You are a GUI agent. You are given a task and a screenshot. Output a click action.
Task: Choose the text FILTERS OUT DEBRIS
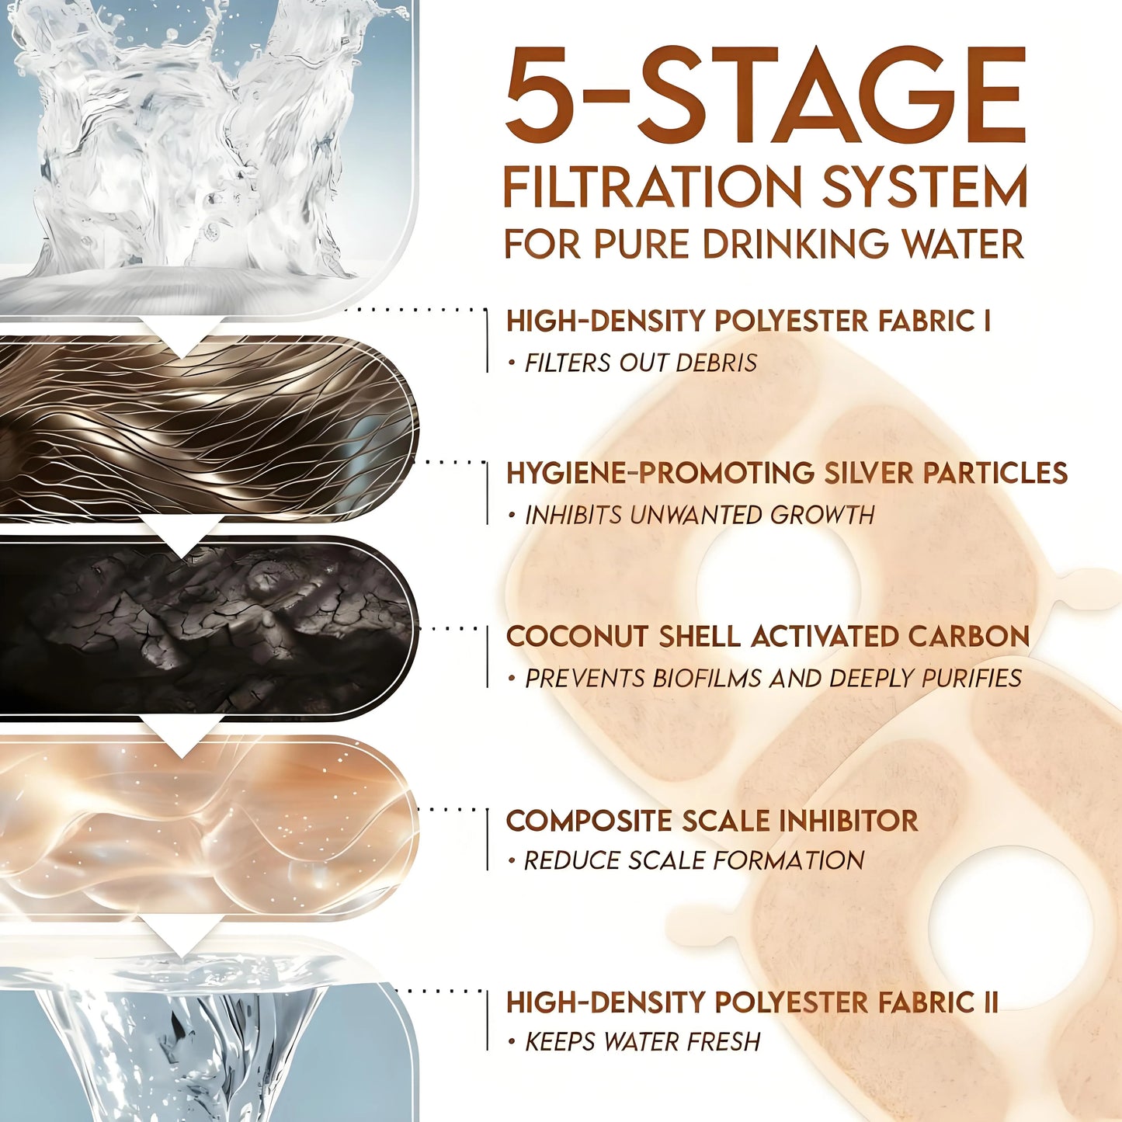(641, 363)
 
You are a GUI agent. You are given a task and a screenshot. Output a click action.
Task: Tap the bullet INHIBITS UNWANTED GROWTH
(699, 515)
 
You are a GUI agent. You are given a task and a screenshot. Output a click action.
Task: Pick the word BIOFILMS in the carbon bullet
(707, 679)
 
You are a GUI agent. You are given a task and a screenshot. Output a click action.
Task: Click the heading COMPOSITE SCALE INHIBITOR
(712, 821)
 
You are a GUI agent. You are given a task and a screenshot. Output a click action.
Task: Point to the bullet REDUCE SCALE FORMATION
(693, 860)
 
